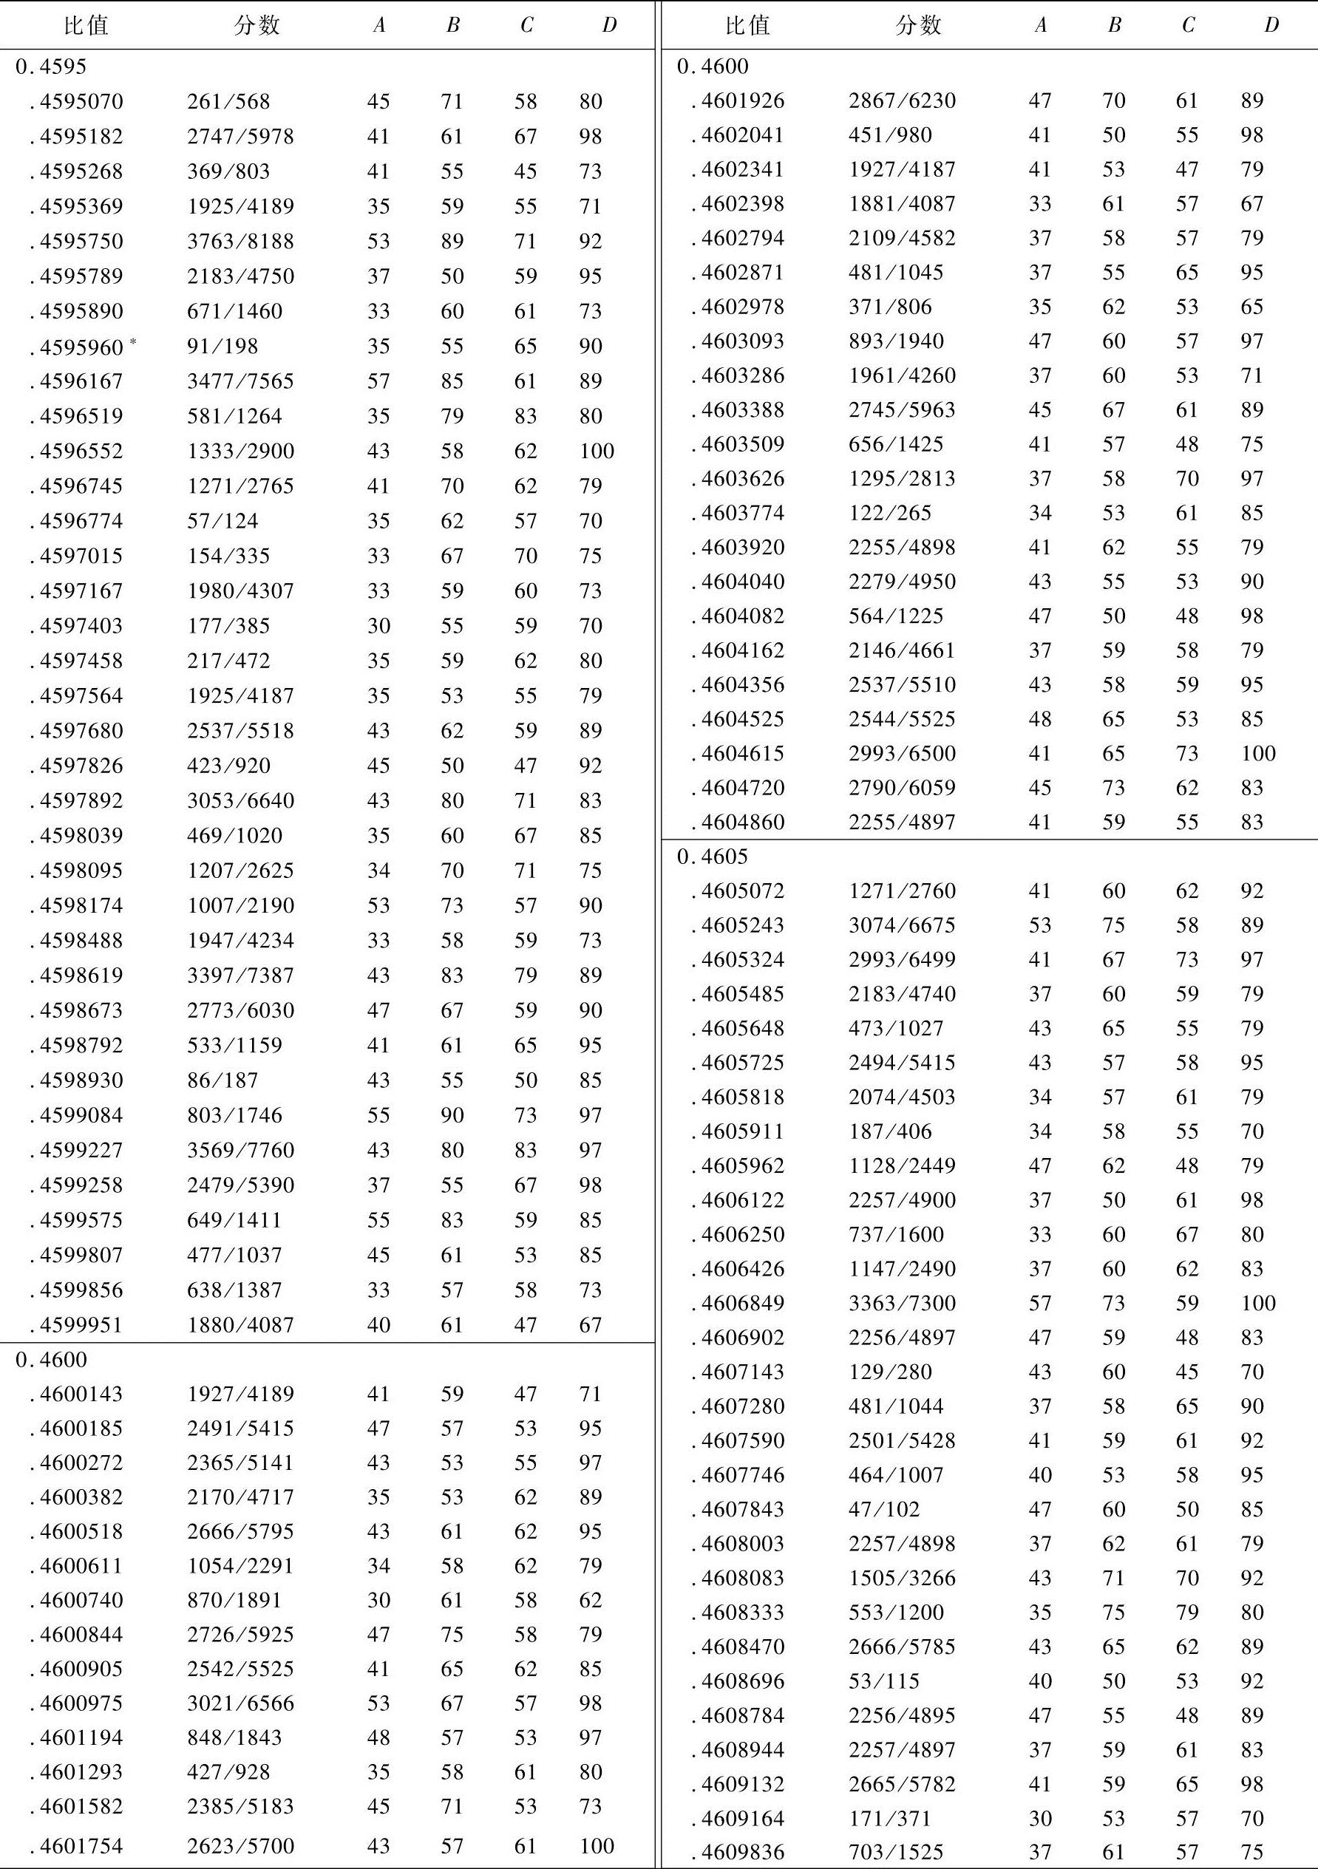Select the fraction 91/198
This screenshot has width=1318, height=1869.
(223, 346)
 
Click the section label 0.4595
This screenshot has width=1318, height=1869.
(50, 67)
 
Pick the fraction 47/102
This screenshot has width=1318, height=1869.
(884, 1509)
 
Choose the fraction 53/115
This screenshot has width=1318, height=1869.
(884, 1681)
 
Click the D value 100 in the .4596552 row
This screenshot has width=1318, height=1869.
(597, 451)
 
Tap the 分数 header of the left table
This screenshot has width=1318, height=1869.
(257, 25)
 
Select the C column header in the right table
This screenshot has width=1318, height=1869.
(1188, 25)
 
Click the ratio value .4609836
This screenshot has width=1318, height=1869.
(738, 1853)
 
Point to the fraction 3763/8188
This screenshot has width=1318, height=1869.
(240, 242)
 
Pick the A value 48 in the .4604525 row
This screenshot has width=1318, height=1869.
(1039, 720)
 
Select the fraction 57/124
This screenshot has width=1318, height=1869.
(223, 521)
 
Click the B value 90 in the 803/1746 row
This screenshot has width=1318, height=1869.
(452, 1115)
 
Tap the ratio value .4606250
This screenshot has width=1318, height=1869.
(738, 1235)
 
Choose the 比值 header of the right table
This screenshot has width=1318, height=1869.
(747, 25)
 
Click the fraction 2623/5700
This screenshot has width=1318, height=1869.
(240, 1846)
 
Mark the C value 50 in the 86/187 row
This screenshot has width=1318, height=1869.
(525, 1080)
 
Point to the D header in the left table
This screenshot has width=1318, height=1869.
(609, 25)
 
